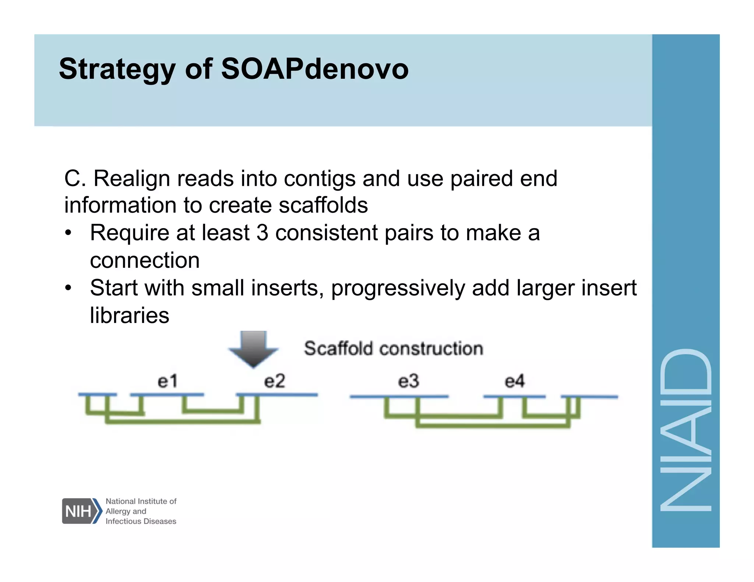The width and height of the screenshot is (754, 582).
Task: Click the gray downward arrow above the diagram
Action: (253, 348)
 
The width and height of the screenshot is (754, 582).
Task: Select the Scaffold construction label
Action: (393, 348)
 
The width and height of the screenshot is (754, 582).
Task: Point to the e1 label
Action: (168, 381)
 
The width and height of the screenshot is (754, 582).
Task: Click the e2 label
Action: (275, 381)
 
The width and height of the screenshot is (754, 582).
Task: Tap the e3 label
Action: (408, 381)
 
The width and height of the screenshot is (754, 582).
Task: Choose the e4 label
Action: (514, 381)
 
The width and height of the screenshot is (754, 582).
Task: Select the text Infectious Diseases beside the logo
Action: (141, 521)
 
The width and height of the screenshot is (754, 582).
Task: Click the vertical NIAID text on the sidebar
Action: (686, 430)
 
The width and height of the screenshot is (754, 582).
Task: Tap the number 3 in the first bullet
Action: (262, 233)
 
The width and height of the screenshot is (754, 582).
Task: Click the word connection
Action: (145, 260)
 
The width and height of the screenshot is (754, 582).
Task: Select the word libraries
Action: (129, 316)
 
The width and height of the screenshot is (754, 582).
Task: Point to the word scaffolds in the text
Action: (323, 205)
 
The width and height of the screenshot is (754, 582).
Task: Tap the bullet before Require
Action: (68, 233)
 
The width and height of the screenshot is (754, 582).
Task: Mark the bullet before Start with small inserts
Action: (68, 288)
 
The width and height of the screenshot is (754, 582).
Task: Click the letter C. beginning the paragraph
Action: (75, 179)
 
